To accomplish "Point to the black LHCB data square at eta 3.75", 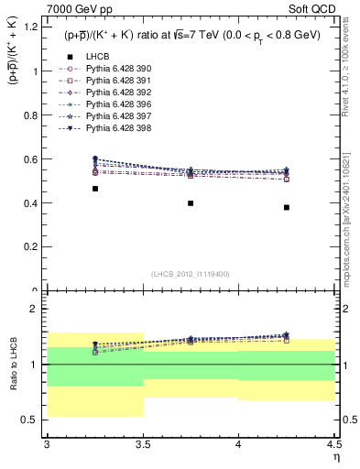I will pos(191,203).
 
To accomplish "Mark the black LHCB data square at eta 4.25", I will pos(287,207).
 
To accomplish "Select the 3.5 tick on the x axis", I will pos(143,446).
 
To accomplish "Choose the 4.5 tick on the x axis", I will pos(333,446).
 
